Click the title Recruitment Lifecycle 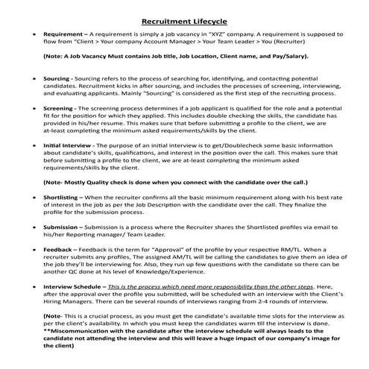[x=183, y=22]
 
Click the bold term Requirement [x=63, y=35]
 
